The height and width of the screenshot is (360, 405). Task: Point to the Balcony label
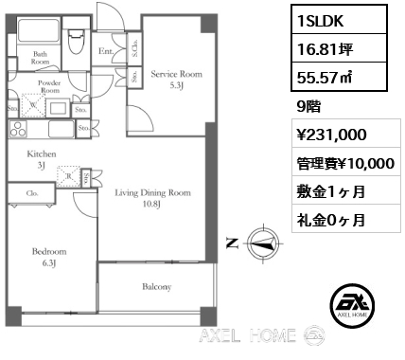(x=157, y=287)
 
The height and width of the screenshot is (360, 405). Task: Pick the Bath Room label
(x=40, y=58)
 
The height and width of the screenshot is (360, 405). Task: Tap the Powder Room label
(x=49, y=86)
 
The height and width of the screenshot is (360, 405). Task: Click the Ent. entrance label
(x=106, y=51)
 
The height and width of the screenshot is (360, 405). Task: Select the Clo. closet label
(x=32, y=193)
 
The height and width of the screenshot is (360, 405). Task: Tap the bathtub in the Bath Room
(x=39, y=31)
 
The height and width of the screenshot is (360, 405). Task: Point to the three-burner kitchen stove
(x=18, y=129)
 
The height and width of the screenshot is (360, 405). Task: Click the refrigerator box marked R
(x=68, y=176)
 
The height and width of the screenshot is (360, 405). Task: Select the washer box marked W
(x=33, y=105)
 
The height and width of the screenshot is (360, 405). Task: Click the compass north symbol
(x=263, y=243)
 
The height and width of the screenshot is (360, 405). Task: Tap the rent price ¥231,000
(x=331, y=135)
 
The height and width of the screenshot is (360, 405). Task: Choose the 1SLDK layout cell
(x=339, y=20)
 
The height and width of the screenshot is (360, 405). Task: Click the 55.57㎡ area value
(x=325, y=77)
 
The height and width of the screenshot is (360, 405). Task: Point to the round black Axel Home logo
(x=352, y=305)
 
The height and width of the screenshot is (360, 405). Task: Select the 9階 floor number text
(x=308, y=107)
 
